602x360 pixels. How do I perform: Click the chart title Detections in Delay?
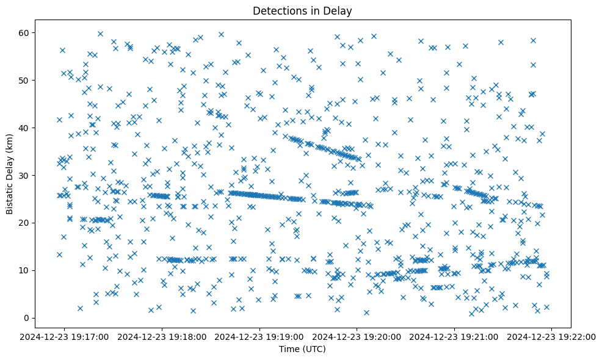[302, 11]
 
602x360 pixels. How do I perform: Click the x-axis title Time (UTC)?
[302, 349]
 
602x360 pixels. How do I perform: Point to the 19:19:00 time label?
[260, 336]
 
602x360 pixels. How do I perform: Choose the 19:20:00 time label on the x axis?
[358, 336]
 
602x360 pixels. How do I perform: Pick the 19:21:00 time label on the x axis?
[455, 336]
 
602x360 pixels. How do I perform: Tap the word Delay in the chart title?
[340, 11]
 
